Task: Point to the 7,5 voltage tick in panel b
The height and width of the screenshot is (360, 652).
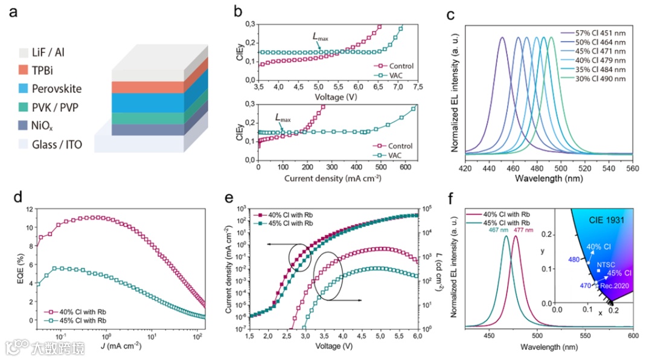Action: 417,88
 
